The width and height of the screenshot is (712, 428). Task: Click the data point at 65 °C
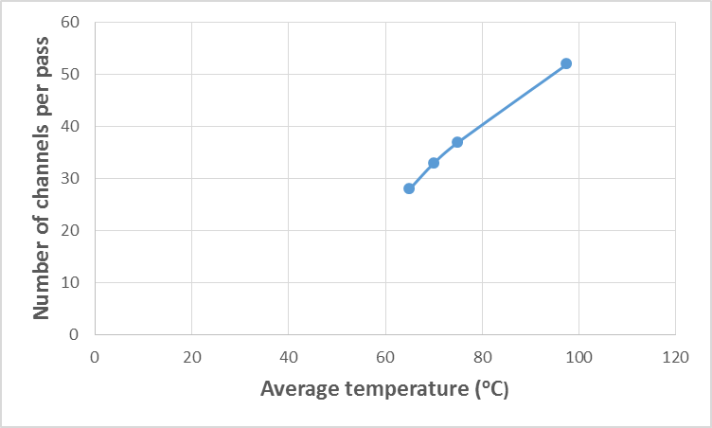click(409, 188)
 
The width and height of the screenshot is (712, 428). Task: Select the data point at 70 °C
click(434, 163)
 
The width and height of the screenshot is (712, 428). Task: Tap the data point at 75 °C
click(457, 142)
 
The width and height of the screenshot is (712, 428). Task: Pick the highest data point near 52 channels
click(566, 63)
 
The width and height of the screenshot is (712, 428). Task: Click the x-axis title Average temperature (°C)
click(384, 389)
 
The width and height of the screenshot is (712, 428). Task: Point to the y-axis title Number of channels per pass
click(42, 178)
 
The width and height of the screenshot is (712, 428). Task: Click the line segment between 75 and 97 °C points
click(511, 103)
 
